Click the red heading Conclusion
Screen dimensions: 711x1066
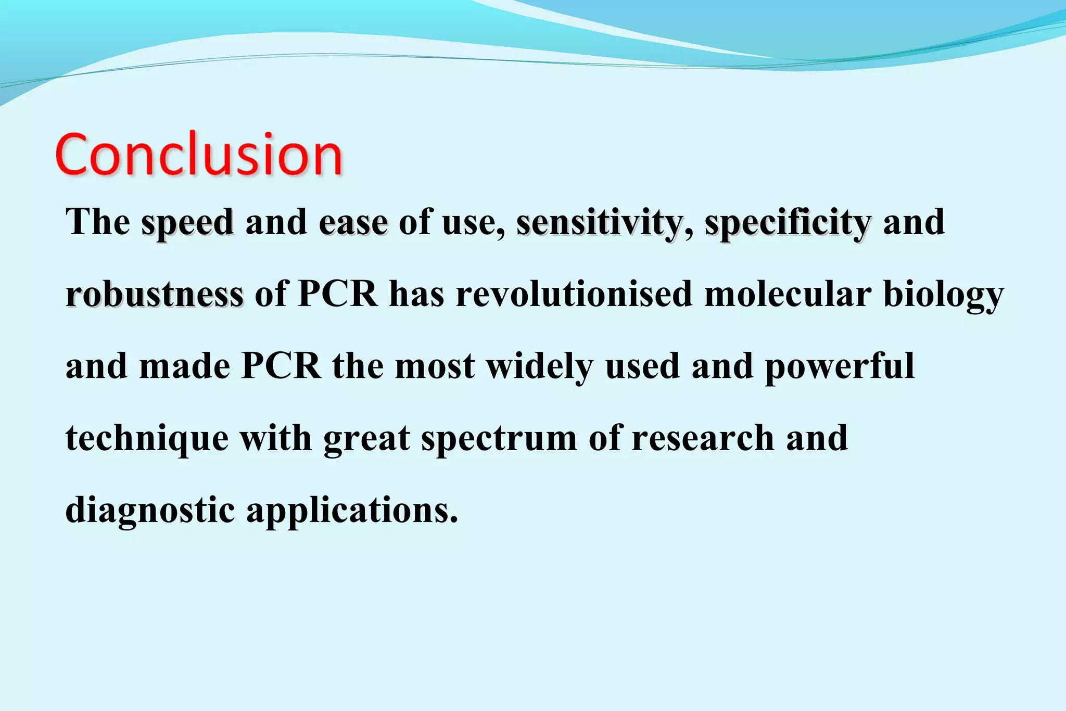(198, 155)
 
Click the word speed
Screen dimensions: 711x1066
(187, 223)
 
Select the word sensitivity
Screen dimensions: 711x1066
(599, 223)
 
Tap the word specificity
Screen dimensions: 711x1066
(788, 223)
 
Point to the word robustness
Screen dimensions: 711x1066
(155, 295)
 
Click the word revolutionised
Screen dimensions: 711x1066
(574, 295)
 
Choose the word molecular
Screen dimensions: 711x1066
(788, 295)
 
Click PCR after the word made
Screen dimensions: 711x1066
(281, 366)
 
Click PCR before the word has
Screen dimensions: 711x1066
(338, 295)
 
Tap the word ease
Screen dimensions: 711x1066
(353, 223)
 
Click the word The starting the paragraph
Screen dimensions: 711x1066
(97, 223)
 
